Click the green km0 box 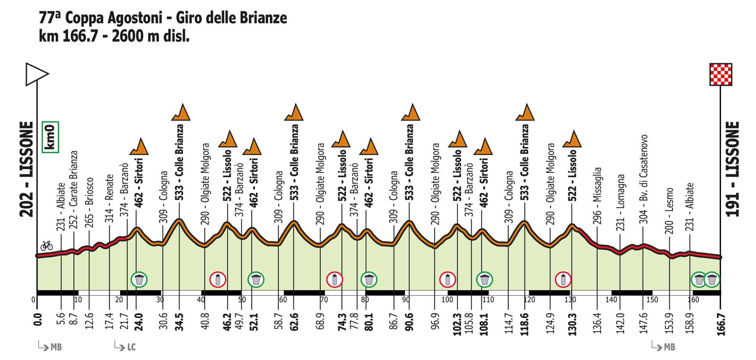tap(50, 137)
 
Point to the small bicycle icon tap(46, 245)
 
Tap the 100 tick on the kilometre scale tap(447, 300)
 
